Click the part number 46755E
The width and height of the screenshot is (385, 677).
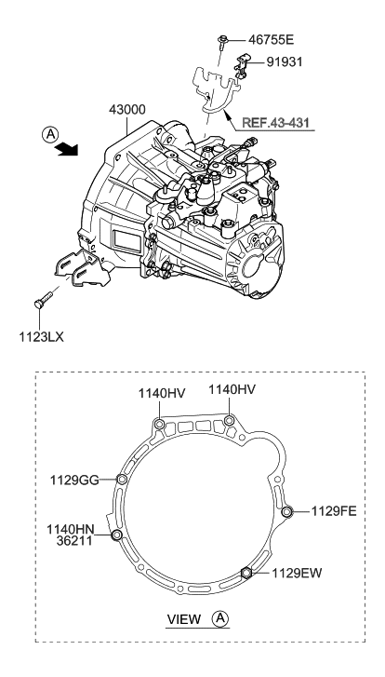coord(271,40)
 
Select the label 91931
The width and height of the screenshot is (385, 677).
coord(285,62)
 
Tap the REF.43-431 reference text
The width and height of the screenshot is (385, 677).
coord(275,122)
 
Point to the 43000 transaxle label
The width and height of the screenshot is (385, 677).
coord(126,110)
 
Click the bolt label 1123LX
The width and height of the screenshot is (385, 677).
coord(41,337)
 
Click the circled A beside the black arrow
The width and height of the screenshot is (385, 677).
coord(50,135)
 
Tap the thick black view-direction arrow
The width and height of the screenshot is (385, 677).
coord(67,149)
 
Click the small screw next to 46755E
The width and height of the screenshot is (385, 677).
coord(223,42)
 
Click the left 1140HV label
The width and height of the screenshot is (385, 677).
coord(162,393)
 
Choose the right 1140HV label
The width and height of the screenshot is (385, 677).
coord(232,389)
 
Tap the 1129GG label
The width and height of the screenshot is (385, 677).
coord(74,480)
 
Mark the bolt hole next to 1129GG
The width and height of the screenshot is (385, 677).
coord(122,480)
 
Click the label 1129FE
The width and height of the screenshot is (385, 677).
coord(334,511)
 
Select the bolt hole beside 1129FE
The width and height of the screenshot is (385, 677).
coord(287,512)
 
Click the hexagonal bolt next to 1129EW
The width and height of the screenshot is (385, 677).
coord(246,573)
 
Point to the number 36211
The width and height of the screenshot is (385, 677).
coord(74,540)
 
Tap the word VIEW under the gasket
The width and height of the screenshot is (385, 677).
coord(184,619)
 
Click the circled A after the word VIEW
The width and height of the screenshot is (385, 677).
coord(219,618)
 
